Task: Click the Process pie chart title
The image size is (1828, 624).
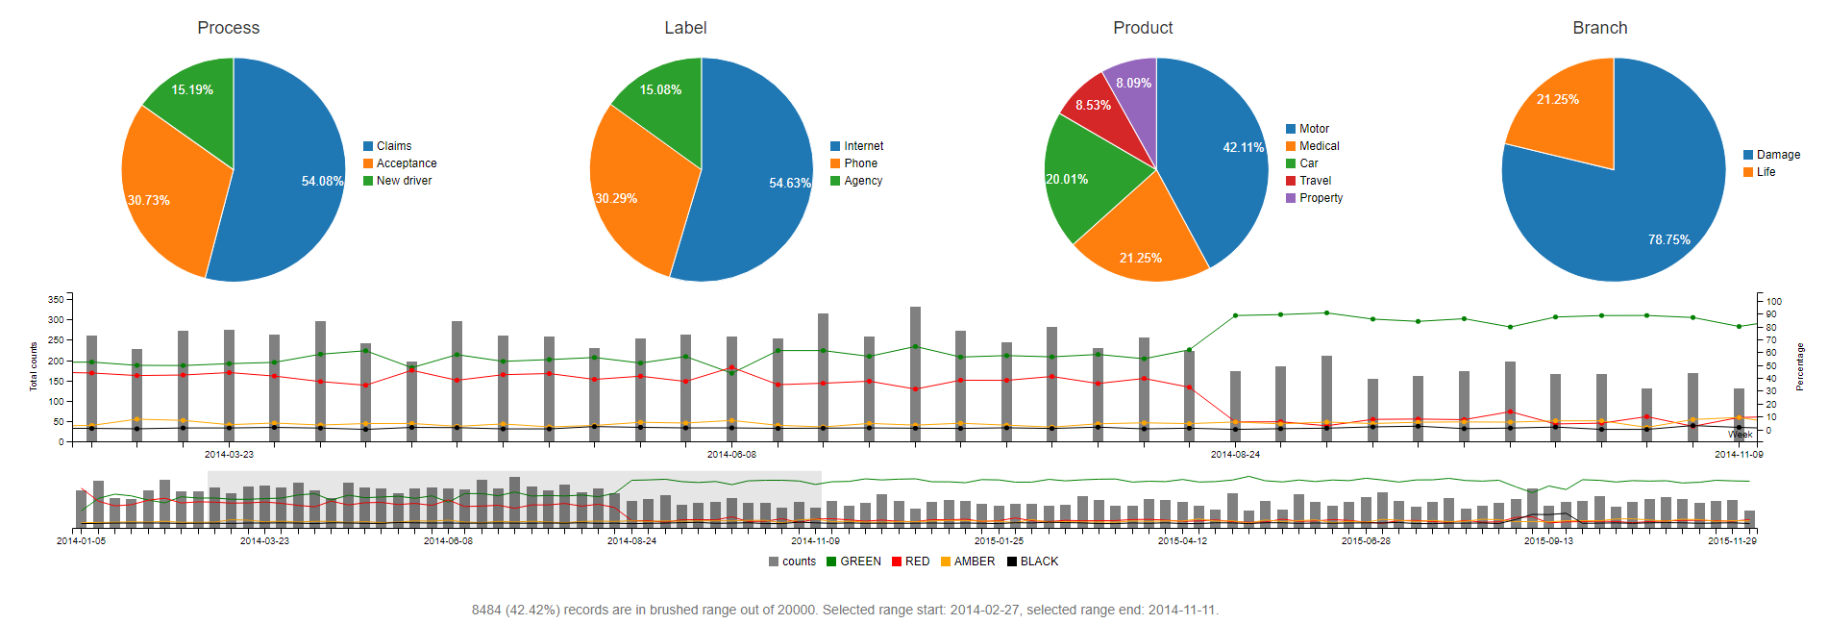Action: (x=229, y=28)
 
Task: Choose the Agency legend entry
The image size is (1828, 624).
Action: (x=862, y=181)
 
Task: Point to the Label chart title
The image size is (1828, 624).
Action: (x=685, y=28)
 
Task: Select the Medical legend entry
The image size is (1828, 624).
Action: (x=1319, y=146)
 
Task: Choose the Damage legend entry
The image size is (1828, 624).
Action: (x=1777, y=155)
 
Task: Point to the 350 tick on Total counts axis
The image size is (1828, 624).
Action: (x=55, y=300)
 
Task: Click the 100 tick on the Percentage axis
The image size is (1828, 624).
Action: (x=1773, y=302)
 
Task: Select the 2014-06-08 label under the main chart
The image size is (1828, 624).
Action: (x=731, y=455)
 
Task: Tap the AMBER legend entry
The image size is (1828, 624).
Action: (x=974, y=562)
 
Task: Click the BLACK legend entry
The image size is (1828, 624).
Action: (x=1038, y=562)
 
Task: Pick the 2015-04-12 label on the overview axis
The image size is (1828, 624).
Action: (x=1182, y=541)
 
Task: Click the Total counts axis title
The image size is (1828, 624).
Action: (x=34, y=365)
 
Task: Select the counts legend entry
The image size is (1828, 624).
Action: (x=798, y=562)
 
